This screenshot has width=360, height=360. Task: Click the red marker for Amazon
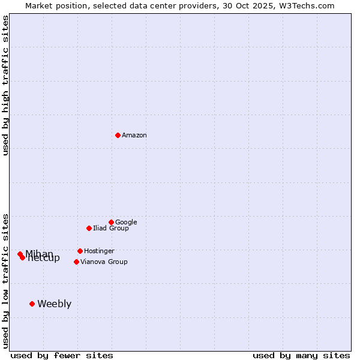click(x=118, y=135)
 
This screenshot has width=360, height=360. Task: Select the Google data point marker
click(x=111, y=222)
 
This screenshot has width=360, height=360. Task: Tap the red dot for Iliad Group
click(x=89, y=228)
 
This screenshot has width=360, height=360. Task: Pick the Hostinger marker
click(x=80, y=251)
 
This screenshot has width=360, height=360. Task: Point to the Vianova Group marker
click(x=76, y=262)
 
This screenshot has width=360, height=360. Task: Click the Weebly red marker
click(x=32, y=304)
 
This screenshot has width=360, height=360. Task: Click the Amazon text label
click(x=134, y=136)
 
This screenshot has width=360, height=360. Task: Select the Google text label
click(x=126, y=222)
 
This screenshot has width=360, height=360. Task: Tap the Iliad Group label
click(x=111, y=228)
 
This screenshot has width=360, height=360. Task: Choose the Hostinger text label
click(x=99, y=251)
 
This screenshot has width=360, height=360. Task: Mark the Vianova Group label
click(x=104, y=262)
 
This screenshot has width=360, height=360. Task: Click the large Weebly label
click(x=54, y=304)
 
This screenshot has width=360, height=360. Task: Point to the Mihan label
click(x=39, y=254)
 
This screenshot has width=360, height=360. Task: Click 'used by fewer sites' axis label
click(x=62, y=355)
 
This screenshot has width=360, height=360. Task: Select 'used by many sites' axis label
click(x=301, y=355)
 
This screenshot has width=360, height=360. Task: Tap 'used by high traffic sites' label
click(x=5, y=85)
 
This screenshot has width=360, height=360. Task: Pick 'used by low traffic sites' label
click(x=5, y=280)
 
